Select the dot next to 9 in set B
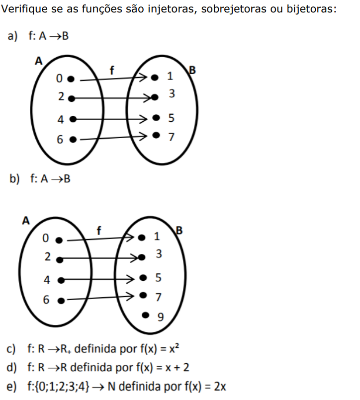[145, 315]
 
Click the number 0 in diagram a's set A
[59, 79]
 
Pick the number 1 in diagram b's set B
[157, 237]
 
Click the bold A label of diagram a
[38, 61]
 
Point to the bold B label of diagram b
[180, 230]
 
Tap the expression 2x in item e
[219, 387]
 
